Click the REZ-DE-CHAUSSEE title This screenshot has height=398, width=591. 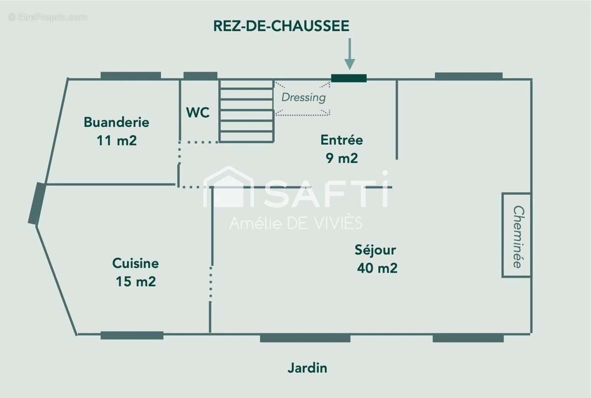pyautogui.click(x=281, y=25)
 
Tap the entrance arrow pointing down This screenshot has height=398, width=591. pyautogui.click(x=350, y=54)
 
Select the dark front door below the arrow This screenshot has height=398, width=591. pyautogui.click(x=349, y=78)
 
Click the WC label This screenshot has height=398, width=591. pyautogui.click(x=198, y=112)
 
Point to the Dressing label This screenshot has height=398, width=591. pyautogui.click(x=303, y=98)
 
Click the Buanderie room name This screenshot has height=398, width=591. pyautogui.click(x=117, y=122)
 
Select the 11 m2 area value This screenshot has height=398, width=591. pyautogui.click(x=117, y=140)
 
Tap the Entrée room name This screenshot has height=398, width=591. pyautogui.click(x=342, y=140)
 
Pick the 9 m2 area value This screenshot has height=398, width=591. pyautogui.click(x=342, y=158)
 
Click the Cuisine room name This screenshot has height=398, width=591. pyautogui.click(x=135, y=263)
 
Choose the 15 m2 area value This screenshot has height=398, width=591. pyautogui.click(x=136, y=282)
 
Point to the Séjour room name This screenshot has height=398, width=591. pyautogui.click(x=375, y=250)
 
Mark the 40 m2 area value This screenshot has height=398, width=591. pyautogui.click(x=377, y=268)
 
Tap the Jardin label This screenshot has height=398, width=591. pyautogui.click(x=307, y=368)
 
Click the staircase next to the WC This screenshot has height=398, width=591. pyautogui.click(x=246, y=111)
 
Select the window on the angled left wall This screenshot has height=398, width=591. pyautogui.click(x=37, y=203)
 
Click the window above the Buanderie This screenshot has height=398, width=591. pyautogui.click(x=131, y=76)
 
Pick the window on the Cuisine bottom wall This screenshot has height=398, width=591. pyautogui.click(x=132, y=335)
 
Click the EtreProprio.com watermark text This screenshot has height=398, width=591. pyautogui.click(x=48, y=17)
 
